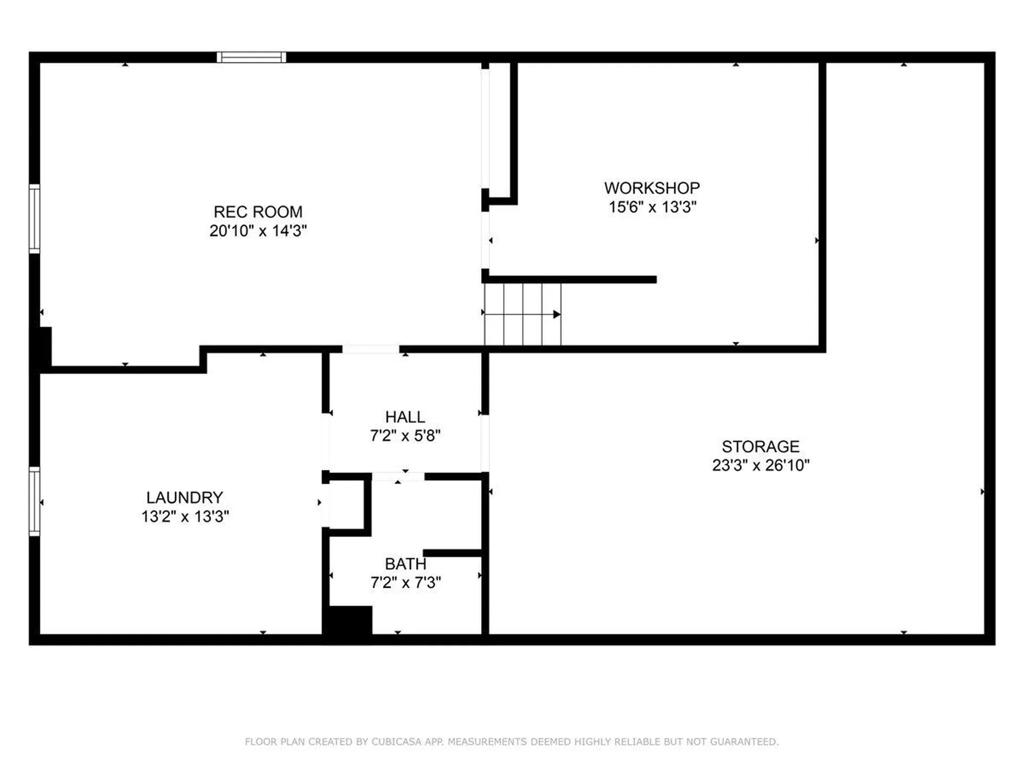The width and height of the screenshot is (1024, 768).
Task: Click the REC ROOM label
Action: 258,212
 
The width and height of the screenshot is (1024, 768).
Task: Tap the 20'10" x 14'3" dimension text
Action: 258,231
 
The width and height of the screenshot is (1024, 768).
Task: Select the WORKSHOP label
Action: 652,188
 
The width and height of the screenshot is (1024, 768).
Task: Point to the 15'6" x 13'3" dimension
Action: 652,207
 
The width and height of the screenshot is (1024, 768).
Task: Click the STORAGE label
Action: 761,446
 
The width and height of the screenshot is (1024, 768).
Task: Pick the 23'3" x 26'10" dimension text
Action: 761,465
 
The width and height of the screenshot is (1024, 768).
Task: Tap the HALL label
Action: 405,417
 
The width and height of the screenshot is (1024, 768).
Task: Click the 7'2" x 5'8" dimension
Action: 405,436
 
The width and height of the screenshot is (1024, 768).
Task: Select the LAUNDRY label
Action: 185,498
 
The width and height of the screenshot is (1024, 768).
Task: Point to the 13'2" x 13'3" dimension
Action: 185,516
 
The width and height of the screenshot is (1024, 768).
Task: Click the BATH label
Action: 405,564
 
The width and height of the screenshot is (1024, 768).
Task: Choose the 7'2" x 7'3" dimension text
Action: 405,582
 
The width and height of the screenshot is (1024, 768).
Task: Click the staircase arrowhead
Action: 557,314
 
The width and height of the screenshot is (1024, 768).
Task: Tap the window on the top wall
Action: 251,57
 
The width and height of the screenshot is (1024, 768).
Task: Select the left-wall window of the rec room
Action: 34,219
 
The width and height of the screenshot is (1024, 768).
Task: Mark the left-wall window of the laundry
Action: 34,501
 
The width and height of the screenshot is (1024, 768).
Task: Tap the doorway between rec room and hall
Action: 371,349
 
